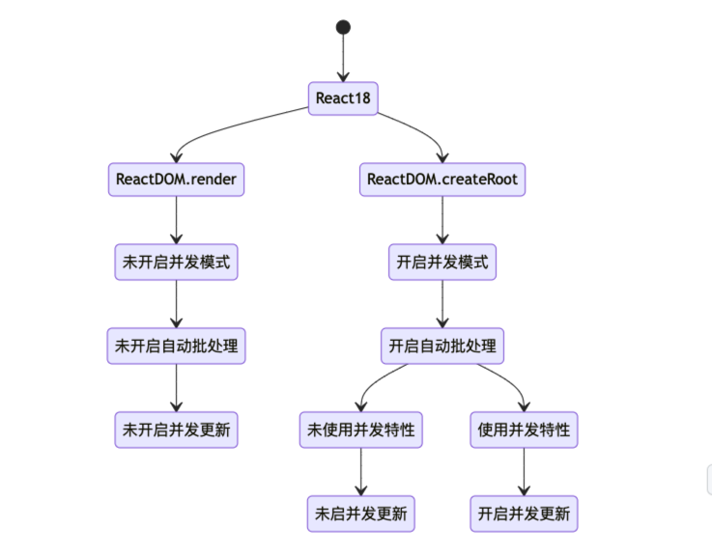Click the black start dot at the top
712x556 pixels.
coord(343,27)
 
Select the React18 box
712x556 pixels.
coord(343,98)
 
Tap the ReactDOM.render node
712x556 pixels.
coord(176,180)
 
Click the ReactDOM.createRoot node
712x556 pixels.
coord(443,180)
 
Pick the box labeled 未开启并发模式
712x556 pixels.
coord(176,263)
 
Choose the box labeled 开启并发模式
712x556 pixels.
coord(442,263)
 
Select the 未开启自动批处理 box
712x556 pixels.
coord(176,346)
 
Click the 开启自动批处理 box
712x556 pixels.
coord(442,346)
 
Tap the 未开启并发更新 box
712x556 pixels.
coord(176,430)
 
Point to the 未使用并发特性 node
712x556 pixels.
coord(361,430)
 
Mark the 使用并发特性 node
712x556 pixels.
coord(524,430)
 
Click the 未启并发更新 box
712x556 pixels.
coord(361,513)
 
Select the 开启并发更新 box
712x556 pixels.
coord(524,513)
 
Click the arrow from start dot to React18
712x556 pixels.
coord(343,58)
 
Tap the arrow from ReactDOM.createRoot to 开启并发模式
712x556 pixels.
coord(442,221)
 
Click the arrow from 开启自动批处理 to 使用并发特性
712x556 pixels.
coord(512,381)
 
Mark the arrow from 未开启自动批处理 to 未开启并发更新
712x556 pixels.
coord(176,387)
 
